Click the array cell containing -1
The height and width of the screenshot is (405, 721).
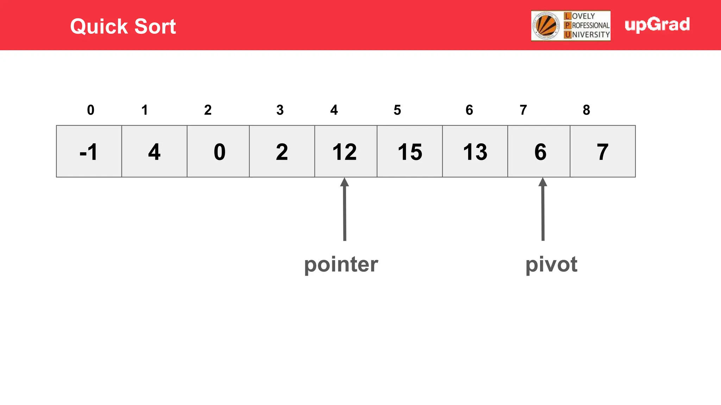point(89,152)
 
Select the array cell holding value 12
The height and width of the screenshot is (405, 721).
point(346,152)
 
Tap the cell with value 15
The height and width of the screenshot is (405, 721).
point(410,152)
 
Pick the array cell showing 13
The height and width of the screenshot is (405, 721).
point(475,152)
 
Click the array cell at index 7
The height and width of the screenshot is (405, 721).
point(539,152)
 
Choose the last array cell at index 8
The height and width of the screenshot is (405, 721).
point(603,152)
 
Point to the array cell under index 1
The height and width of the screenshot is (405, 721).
point(154,152)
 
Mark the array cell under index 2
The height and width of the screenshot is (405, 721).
point(218,152)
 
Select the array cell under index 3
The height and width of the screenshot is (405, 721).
point(282,152)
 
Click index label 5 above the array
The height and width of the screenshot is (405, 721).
point(397,110)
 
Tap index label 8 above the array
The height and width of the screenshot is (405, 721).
point(586,110)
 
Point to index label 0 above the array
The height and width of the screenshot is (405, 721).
point(90,110)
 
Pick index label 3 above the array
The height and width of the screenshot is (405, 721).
point(280,110)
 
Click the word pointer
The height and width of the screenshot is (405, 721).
point(341,264)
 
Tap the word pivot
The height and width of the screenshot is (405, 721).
point(551,264)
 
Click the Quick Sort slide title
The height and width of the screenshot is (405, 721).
point(123,26)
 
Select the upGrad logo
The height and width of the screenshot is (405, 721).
point(657,25)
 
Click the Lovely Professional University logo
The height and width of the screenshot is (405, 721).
point(571,26)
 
